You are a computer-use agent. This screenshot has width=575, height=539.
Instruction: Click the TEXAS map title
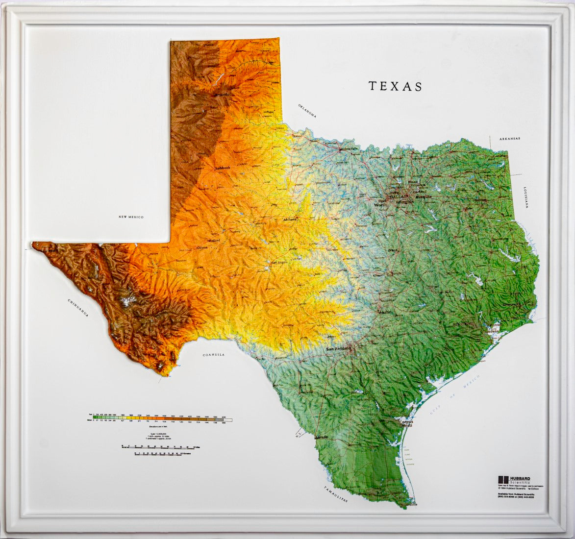pyautogui.click(x=395, y=86)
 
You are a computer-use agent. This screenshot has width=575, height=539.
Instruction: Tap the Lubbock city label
pyautogui.click(x=222, y=168)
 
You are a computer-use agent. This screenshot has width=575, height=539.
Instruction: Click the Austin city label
pyautogui.click(x=385, y=312)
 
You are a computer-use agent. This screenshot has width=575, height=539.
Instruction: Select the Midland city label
pyautogui.click(x=214, y=241)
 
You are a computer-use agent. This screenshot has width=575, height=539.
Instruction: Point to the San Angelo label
pyautogui.click(x=280, y=263)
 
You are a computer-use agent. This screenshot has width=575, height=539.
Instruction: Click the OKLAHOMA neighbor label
pyautogui.click(x=307, y=111)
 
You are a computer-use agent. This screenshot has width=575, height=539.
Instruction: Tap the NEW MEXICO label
pyautogui.click(x=131, y=217)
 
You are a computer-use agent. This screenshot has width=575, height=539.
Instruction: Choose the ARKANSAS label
pyautogui.click(x=510, y=139)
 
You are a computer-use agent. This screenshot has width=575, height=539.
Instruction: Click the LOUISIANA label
pyautogui.click(x=525, y=197)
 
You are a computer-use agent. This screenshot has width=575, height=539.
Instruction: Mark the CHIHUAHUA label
pyautogui.click(x=78, y=308)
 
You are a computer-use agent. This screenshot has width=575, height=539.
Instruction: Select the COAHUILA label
pyautogui.click(x=213, y=354)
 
